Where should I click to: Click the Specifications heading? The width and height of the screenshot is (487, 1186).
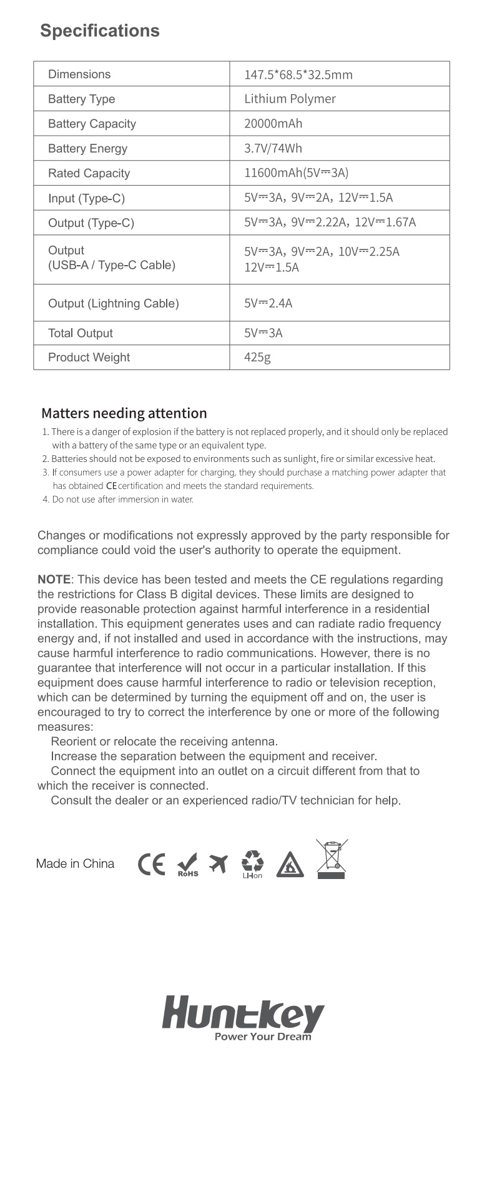click(x=100, y=31)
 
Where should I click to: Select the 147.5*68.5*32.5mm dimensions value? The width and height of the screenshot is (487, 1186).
click(x=298, y=75)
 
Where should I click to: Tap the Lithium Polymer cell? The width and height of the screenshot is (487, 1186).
click(x=290, y=99)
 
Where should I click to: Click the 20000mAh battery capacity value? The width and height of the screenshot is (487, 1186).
click(x=273, y=124)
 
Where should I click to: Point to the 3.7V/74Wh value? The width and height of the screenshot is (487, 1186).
click(x=273, y=148)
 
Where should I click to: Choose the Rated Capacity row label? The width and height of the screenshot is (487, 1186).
click(x=89, y=173)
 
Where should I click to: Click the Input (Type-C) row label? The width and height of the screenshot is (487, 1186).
click(x=86, y=198)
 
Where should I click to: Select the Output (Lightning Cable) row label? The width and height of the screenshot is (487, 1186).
click(x=113, y=303)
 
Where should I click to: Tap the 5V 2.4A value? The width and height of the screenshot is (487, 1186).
click(x=268, y=303)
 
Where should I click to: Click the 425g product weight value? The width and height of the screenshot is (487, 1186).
click(x=257, y=358)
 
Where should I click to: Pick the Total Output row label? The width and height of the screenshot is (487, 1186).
click(x=80, y=333)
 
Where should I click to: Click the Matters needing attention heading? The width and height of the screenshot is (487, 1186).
click(x=124, y=413)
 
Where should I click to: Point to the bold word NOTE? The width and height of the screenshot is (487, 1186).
click(x=54, y=580)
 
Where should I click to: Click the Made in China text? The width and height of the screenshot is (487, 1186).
click(x=75, y=863)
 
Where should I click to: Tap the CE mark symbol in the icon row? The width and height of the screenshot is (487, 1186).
click(x=151, y=864)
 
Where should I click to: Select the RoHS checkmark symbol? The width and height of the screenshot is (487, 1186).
click(x=188, y=865)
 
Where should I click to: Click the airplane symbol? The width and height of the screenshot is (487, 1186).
click(x=218, y=863)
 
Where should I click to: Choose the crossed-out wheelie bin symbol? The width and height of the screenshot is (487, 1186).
click(x=332, y=859)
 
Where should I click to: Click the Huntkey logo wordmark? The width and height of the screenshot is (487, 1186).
click(x=243, y=1014)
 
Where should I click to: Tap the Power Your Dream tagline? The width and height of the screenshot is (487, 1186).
click(x=262, y=1037)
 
